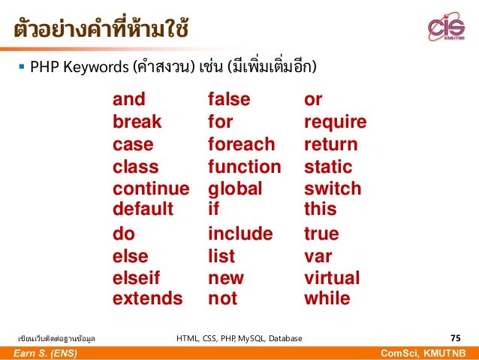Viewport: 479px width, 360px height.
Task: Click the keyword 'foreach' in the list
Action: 241,144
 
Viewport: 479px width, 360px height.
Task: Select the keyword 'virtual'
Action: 332,278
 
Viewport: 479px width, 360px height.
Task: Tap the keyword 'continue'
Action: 151,189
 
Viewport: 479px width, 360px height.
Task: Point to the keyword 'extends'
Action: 147,299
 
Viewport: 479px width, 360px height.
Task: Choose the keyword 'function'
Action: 244,166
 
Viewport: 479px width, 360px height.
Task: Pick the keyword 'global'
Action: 235,189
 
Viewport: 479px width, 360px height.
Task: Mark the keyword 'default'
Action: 143,208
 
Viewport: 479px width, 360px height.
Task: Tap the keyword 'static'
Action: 328,166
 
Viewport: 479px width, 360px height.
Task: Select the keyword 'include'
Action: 239,234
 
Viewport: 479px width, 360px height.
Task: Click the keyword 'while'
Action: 327,299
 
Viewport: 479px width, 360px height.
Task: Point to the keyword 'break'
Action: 137,122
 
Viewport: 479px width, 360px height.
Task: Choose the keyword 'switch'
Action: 333,189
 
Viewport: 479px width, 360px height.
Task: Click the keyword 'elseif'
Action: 136,278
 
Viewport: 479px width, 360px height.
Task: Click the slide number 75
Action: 455,338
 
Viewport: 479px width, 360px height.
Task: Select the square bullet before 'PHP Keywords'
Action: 20,68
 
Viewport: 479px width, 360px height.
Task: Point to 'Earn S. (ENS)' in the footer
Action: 44,353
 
